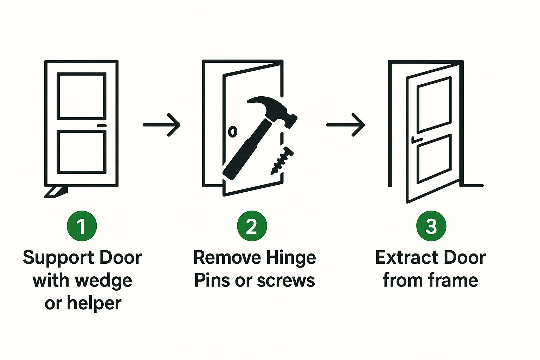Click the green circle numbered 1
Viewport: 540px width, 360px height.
coord(82,226)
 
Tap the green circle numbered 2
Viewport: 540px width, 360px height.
coord(252,226)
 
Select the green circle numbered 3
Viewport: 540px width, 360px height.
coord(431,226)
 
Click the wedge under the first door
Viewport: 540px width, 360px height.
coord(56,192)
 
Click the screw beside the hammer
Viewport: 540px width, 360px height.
coord(282,161)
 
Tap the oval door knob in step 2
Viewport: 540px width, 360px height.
coord(233,131)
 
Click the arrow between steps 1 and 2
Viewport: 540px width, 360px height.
coord(161,125)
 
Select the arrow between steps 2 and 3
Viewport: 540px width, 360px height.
coord(346,125)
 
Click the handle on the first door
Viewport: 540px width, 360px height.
coord(102,126)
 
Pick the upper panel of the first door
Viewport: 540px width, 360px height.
coord(82,96)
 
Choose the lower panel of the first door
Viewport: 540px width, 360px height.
coord(82,152)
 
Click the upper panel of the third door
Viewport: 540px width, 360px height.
coord(434,105)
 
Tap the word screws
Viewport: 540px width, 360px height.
coord(286,281)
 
